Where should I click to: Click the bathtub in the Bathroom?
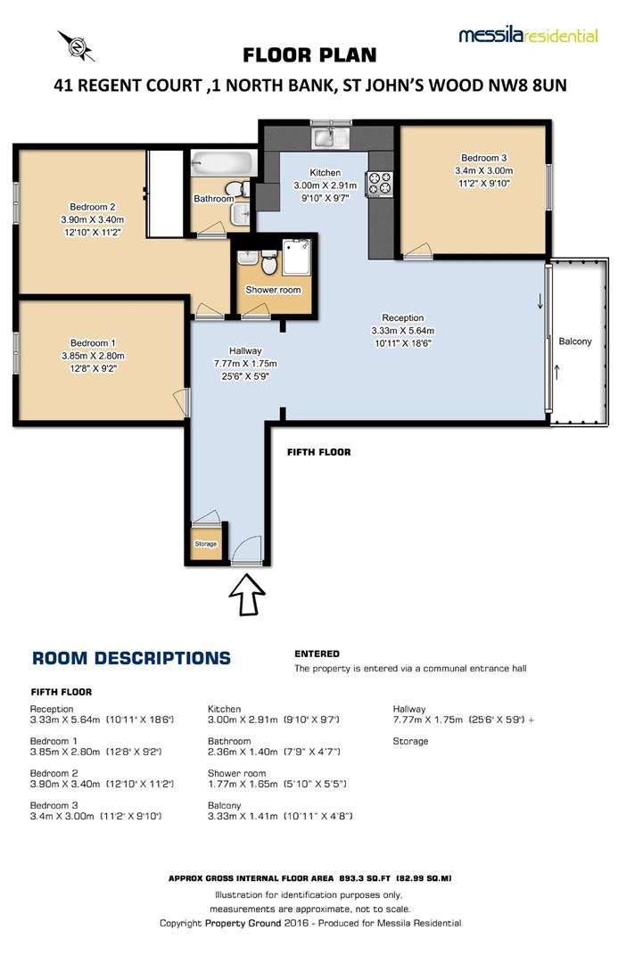point(223,164)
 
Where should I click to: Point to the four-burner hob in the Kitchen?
point(381,182)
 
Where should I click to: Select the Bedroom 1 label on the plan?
point(93,342)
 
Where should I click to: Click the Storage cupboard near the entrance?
point(206,544)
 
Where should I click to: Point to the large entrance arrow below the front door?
point(247,594)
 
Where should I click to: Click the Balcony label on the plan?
point(575,342)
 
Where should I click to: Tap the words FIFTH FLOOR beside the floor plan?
point(318,453)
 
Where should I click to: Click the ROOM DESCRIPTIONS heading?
point(130,659)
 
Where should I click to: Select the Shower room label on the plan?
point(273,290)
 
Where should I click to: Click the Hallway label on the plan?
point(244,350)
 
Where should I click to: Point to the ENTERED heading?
point(317,654)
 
